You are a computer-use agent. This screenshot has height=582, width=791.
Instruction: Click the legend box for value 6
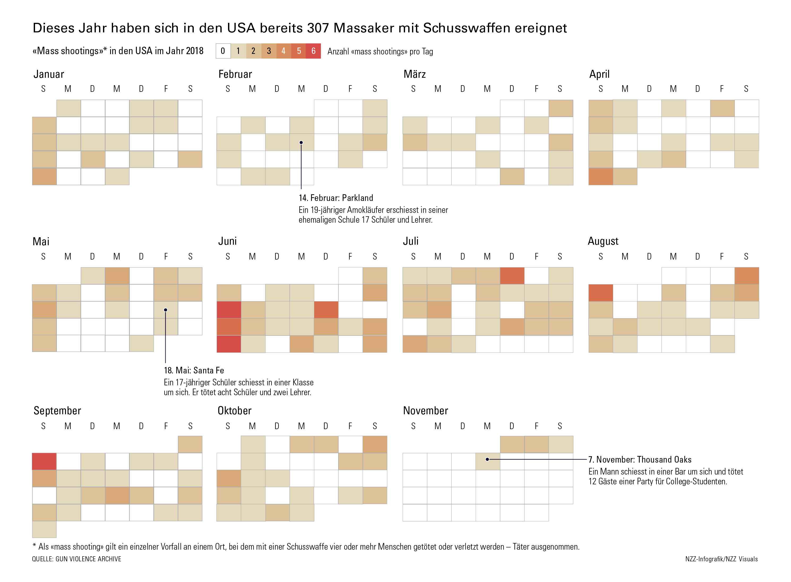point(313,51)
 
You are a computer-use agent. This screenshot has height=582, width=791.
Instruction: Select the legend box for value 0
point(223,51)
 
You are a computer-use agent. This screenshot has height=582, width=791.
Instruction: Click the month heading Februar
point(235,74)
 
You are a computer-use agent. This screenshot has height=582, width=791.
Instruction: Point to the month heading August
point(603,241)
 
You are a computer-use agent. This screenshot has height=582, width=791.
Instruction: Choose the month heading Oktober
point(234,411)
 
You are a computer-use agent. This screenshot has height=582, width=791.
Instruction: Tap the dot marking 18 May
point(166,310)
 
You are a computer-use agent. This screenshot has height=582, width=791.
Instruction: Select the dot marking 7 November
point(487,459)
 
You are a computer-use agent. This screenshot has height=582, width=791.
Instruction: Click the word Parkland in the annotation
point(357,198)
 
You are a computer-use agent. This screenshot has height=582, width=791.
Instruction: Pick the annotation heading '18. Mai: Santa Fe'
point(194,371)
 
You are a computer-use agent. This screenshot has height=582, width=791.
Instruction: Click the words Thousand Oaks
point(664,460)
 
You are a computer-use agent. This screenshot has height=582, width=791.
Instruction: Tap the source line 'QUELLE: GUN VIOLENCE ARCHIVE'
point(76,559)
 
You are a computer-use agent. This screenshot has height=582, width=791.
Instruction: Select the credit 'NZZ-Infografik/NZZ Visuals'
point(721,559)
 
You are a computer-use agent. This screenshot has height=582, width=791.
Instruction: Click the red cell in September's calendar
point(44,462)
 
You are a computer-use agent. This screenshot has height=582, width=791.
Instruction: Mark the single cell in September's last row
point(44,529)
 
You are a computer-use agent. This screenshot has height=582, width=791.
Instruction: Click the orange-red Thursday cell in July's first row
point(512,276)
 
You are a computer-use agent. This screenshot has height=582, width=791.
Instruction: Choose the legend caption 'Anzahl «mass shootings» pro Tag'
point(380,52)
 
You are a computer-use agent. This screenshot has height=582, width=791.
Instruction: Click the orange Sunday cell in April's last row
point(601,176)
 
